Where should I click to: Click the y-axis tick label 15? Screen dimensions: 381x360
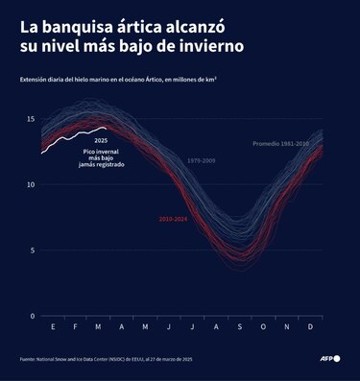tap(31, 119)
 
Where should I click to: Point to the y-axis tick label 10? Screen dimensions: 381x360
tap(31, 184)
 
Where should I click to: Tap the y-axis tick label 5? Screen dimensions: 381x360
tap(32, 250)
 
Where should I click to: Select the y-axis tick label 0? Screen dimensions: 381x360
tap(32, 316)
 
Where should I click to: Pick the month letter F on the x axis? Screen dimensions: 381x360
tap(75, 327)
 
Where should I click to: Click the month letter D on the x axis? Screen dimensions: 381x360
tap(309, 327)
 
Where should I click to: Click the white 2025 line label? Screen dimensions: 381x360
tap(101, 140)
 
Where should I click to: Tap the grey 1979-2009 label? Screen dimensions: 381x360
tap(203, 160)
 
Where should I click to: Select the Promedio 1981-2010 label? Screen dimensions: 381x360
tap(280, 143)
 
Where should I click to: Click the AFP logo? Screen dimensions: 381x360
tap(330, 359)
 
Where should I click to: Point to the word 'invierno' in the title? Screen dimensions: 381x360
tap(204, 46)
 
